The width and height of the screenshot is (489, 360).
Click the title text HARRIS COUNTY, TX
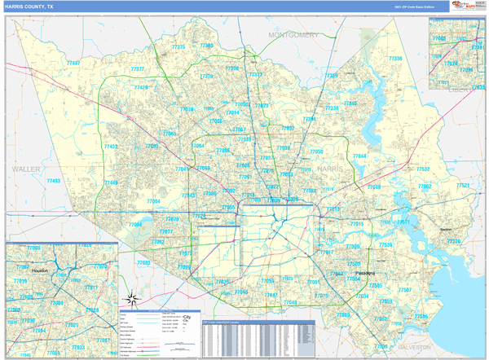click(31, 7)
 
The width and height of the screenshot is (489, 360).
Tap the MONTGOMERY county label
click(293, 36)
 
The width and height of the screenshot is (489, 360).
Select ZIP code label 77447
click(74, 63)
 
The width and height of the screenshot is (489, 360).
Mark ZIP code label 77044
click(359, 156)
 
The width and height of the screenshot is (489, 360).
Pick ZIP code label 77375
click(178, 47)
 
